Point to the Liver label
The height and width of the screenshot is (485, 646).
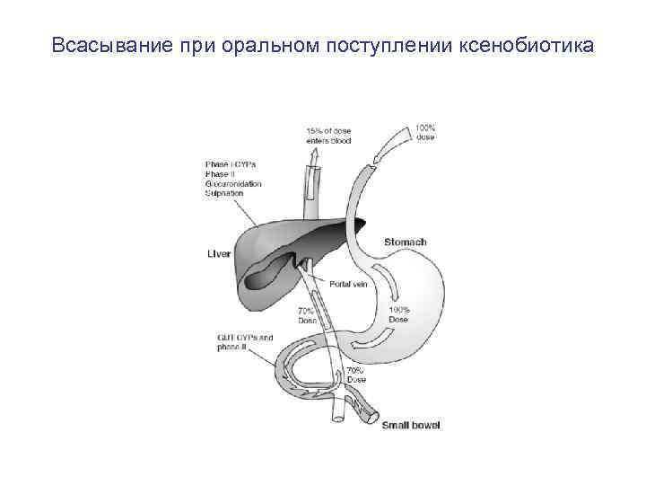pos(219,254)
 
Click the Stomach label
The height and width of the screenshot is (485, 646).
pos(405,242)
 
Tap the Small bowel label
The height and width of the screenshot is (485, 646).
pos(412,425)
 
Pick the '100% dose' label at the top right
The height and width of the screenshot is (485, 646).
pos(425,133)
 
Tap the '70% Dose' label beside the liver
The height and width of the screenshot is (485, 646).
pos(307,315)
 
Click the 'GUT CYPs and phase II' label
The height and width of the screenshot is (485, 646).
pos(244,342)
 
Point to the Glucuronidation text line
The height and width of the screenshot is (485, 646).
pos(233,183)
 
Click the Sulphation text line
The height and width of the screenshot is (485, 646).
pos(225,192)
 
